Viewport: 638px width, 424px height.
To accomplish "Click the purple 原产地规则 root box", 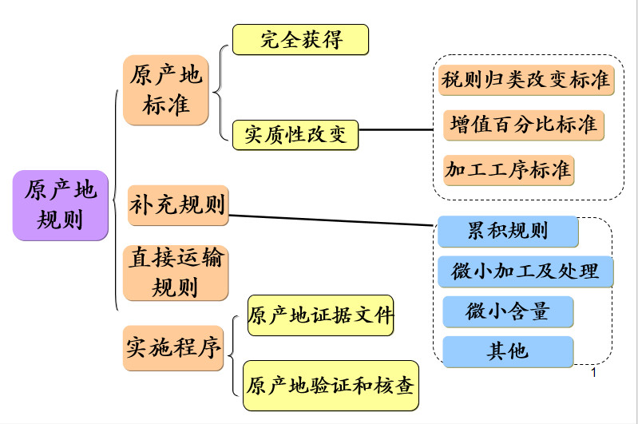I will pyautogui.click(x=61, y=204).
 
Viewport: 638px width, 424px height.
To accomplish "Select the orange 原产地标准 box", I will pyautogui.click(x=166, y=89).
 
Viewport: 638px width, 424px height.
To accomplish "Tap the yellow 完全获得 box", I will pyautogui.click(x=300, y=40).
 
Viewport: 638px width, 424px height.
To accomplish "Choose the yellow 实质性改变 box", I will pyautogui.click(x=295, y=135).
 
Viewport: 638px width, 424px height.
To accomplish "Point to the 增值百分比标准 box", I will pyautogui.click(x=523, y=125).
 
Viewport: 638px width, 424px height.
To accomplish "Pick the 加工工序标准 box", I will pyautogui.click(x=508, y=169).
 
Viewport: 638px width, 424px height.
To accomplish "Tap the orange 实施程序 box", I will pyautogui.click(x=173, y=348).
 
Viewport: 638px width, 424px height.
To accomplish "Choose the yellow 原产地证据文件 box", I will pyautogui.click(x=320, y=315).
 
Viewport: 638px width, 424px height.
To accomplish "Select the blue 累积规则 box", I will pyautogui.click(x=507, y=232).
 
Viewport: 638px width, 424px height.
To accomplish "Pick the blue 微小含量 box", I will pyautogui.click(x=507, y=311).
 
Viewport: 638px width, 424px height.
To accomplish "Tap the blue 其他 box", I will pyautogui.click(x=507, y=351).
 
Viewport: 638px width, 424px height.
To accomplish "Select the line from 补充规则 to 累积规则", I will pyautogui.click(x=331, y=220).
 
